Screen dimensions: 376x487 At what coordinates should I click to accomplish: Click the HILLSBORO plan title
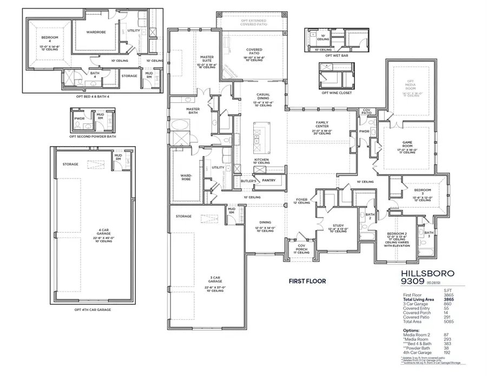427,274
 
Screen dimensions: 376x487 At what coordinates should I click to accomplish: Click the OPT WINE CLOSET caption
337,93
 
